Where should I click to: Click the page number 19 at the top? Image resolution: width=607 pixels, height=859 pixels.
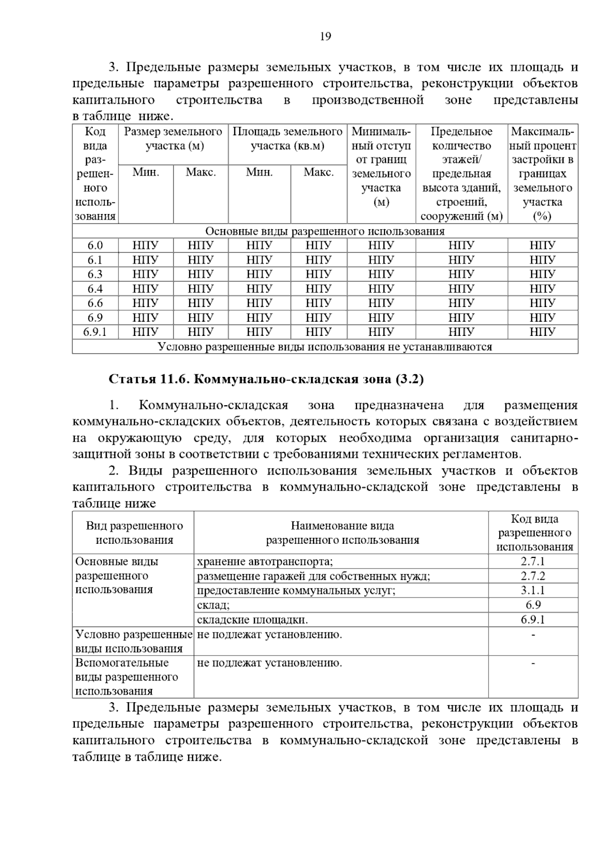click(x=325, y=36)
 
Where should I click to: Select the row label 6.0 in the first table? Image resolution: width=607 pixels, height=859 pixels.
click(x=95, y=246)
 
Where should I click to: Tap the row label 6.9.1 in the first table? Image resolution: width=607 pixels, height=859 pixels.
click(x=95, y=332)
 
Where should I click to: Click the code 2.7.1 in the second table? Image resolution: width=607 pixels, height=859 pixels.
click(x=533, y=562)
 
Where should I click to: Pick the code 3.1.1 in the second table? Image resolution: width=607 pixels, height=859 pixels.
click(x=533, y=590)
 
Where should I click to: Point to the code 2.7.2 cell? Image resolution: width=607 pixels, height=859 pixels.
click(x=533, y=576)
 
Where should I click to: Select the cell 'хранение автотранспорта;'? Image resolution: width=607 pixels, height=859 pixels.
click(x=265, y=562)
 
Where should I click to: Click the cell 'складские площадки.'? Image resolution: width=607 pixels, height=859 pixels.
click(x=252, y=620)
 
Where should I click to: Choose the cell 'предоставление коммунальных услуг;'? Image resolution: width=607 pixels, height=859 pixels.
click(x=296, y=590)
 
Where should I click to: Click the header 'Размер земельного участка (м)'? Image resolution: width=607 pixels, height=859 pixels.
click(x=173, y=139)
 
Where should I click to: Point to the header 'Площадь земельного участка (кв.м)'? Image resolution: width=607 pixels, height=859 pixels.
click(x=287, y=139)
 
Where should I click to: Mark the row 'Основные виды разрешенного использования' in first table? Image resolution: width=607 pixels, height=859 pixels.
click(x=325, y=232)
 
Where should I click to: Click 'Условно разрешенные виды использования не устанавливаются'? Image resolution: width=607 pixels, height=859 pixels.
click(x=325, y=347)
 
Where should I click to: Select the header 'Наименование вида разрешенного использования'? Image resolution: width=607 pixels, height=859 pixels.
click(x=342, y=533)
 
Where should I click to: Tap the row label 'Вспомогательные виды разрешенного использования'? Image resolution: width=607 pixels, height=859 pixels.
click(x=126, y=677)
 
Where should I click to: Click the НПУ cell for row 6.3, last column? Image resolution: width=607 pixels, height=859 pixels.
click(x=542, y=275)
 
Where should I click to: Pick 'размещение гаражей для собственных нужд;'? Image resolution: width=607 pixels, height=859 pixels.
click(x=313, y=576)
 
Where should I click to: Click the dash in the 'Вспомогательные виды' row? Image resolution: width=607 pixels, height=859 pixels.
click(x=533, y=663)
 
